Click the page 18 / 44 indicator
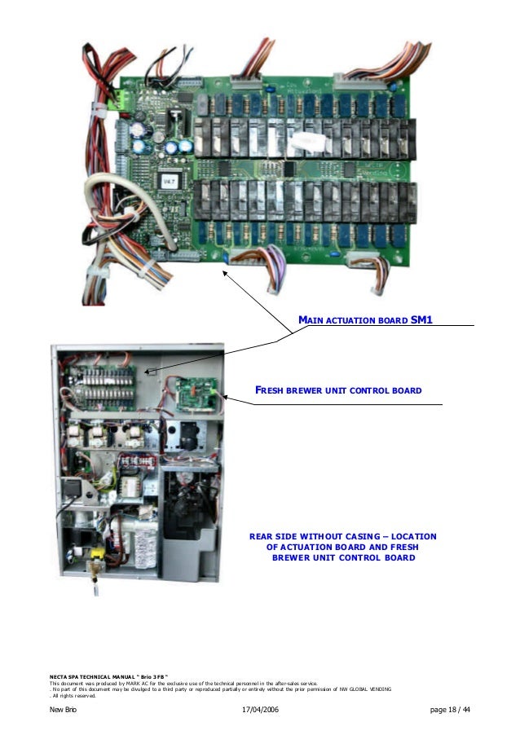coord(451,711)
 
